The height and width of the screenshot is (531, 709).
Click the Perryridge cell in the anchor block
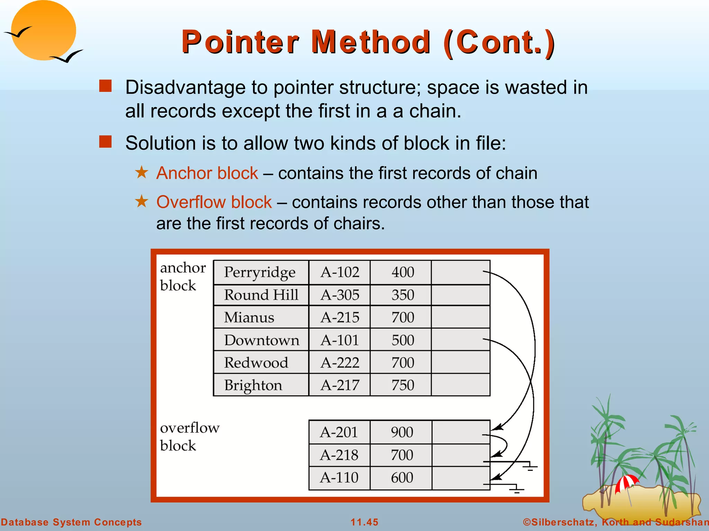(260, 272)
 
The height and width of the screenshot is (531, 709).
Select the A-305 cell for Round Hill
(340, 295)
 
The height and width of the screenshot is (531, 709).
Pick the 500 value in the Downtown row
(403, 340)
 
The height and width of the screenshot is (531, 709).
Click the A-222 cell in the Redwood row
(340, 363)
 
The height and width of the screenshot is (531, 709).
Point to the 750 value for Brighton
(403, 385)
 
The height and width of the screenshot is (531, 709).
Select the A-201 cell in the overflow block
(339, 432)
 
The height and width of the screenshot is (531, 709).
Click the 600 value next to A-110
(402, 478)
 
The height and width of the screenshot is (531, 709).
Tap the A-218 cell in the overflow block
(339, 455)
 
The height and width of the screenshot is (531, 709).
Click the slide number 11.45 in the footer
(364, 522)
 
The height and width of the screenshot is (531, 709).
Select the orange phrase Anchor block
(207, 173)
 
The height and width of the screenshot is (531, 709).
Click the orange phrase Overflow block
(214, 202)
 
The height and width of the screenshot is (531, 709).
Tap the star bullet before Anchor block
(141, 172)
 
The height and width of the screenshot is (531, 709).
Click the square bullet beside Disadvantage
(105, 86)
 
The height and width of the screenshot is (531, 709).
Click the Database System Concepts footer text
(71, 522)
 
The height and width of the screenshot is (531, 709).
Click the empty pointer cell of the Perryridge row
(460, 272)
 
